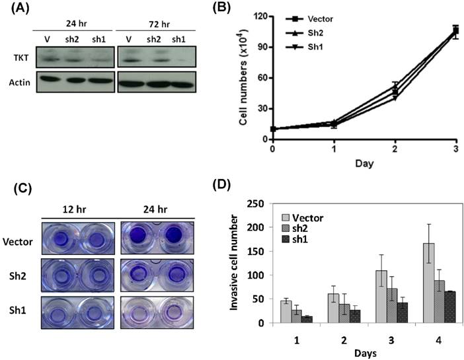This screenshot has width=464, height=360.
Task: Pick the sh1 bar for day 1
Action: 307,320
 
